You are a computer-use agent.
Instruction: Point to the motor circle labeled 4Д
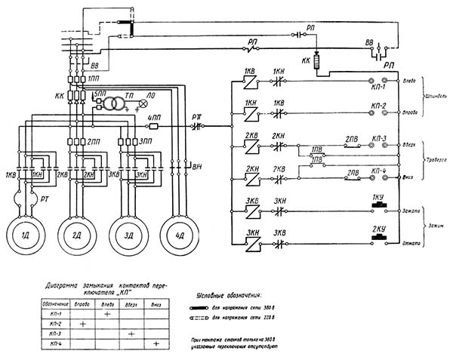point(180,236)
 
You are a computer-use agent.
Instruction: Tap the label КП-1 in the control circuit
point(379,89)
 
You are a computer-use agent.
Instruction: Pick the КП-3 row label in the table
point(56,333)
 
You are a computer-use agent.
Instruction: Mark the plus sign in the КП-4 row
point(156,343)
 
